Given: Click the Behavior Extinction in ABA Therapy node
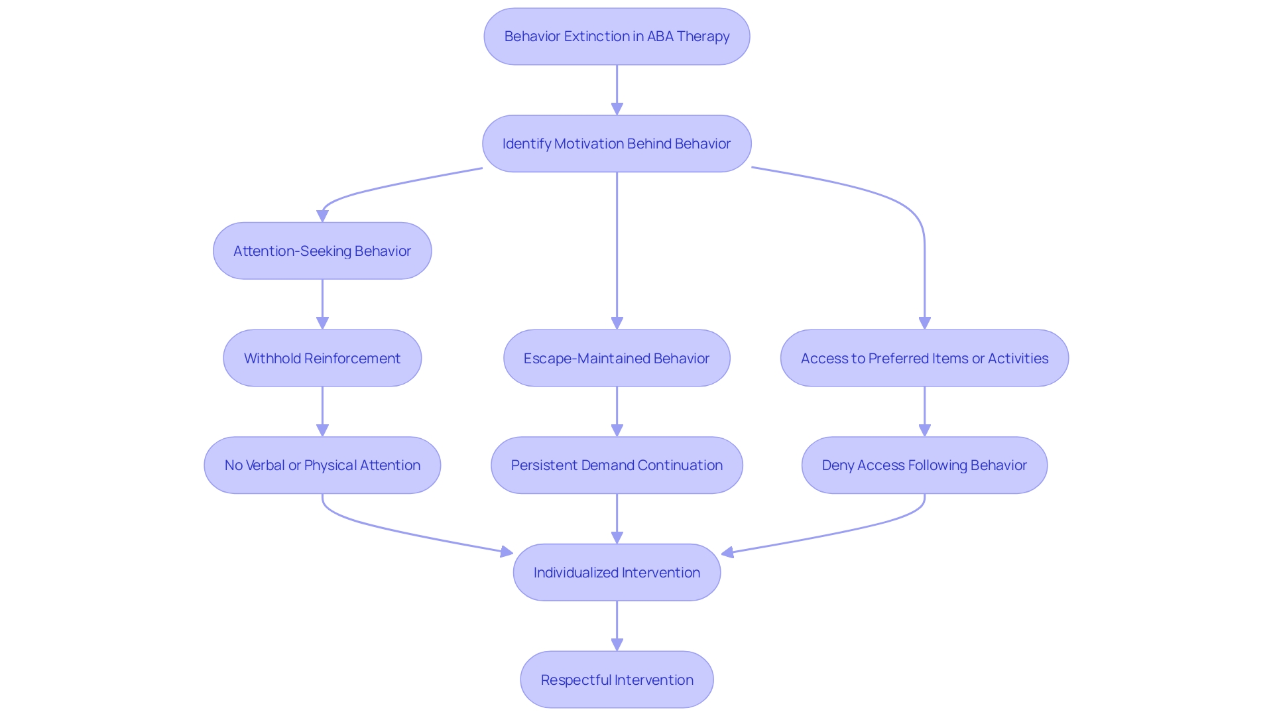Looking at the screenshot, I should (617, 36).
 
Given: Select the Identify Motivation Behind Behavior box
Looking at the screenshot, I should (617, 144).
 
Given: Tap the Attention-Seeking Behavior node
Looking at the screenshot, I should (322, 251).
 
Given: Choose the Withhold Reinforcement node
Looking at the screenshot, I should (322, 359).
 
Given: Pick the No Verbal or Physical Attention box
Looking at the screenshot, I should (322, 465).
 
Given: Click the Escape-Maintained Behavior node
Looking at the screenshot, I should (617, 359).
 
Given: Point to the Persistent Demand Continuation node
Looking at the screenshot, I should (617, 465).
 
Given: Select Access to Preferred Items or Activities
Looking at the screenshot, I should (924, 359).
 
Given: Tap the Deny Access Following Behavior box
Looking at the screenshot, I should (924, 465).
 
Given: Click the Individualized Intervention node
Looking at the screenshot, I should (617, 573).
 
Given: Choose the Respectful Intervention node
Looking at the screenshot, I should (617, 680).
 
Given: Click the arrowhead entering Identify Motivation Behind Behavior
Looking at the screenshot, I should (617, 109).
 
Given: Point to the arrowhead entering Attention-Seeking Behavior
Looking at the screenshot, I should (323, 216).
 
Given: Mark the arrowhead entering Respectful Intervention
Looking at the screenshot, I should (617, 644).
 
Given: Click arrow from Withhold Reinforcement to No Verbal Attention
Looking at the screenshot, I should (322, 411).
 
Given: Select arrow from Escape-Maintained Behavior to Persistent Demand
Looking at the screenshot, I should (617, 411).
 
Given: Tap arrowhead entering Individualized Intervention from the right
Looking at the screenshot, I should (728, 552).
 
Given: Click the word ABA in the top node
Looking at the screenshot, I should (660, 36).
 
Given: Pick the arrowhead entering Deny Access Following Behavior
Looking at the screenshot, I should (924, 430).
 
